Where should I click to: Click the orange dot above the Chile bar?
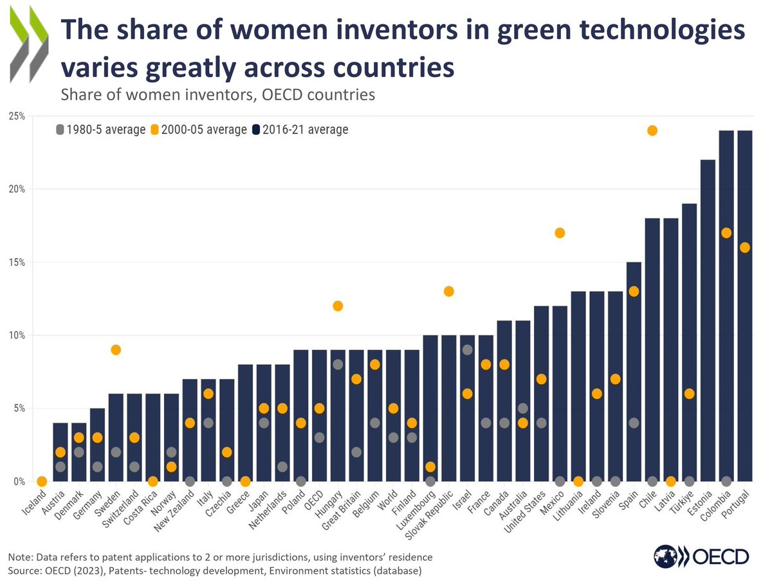(x=652, y=130)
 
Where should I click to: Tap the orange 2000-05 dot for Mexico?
(x=560, y=233)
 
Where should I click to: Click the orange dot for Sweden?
(x=116, y=350)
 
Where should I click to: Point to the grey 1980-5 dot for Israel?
(x=467, y=350)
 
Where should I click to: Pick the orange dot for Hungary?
(x=338, y=306)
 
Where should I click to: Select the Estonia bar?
(x=708, y=321)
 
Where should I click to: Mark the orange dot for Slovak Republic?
(x=449, y=291)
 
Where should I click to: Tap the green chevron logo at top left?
(x=29, y=48)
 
